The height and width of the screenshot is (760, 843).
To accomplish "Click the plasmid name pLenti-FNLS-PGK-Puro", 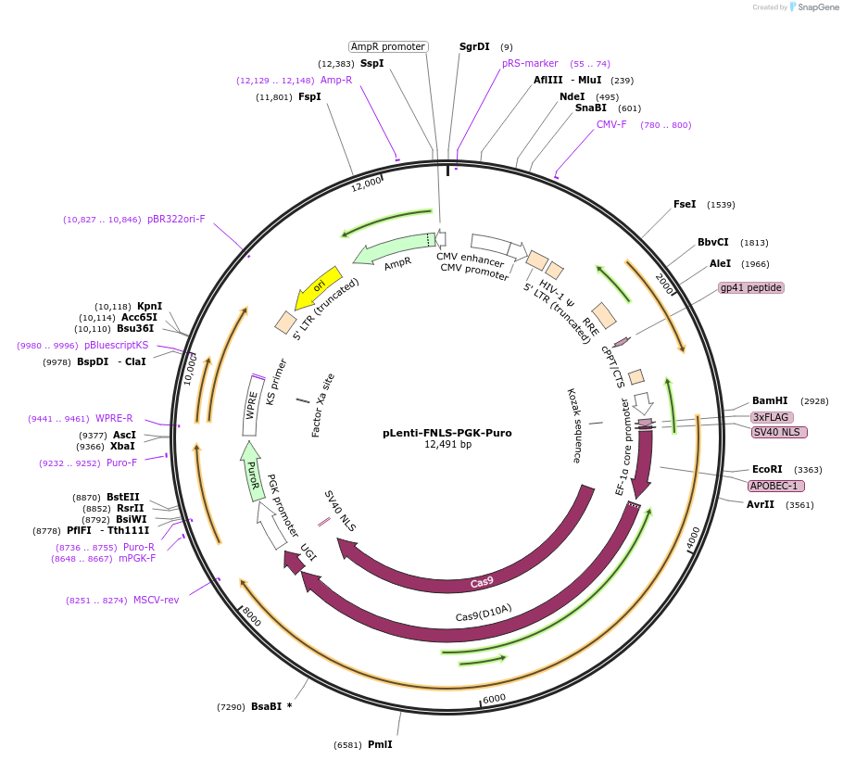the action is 447,433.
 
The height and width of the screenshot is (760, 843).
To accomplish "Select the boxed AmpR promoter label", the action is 388,46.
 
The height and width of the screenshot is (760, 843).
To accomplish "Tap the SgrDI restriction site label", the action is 474,46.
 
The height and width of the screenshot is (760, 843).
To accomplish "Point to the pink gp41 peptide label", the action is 751,287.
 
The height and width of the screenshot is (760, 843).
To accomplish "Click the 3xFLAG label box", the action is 771,417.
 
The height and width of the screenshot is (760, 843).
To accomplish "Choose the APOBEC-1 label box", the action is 776,486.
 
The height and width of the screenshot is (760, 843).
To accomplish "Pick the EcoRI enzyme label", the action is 767,469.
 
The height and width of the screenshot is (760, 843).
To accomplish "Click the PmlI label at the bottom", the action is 380,744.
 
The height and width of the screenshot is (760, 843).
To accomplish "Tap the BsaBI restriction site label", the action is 266,706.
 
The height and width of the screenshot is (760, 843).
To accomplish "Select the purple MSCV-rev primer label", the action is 156,600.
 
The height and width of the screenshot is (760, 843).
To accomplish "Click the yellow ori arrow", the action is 318,288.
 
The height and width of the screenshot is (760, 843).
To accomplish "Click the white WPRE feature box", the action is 252,405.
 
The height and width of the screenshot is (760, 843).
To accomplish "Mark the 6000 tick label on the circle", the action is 494,698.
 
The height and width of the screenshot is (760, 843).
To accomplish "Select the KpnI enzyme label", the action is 149,306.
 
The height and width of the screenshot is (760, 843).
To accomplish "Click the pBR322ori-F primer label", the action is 176,219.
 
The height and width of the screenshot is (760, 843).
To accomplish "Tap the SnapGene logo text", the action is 818,7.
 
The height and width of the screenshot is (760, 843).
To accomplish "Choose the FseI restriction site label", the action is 685,204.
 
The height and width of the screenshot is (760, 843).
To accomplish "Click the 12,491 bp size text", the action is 447,445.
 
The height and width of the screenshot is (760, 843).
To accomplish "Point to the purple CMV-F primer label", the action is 611,124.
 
